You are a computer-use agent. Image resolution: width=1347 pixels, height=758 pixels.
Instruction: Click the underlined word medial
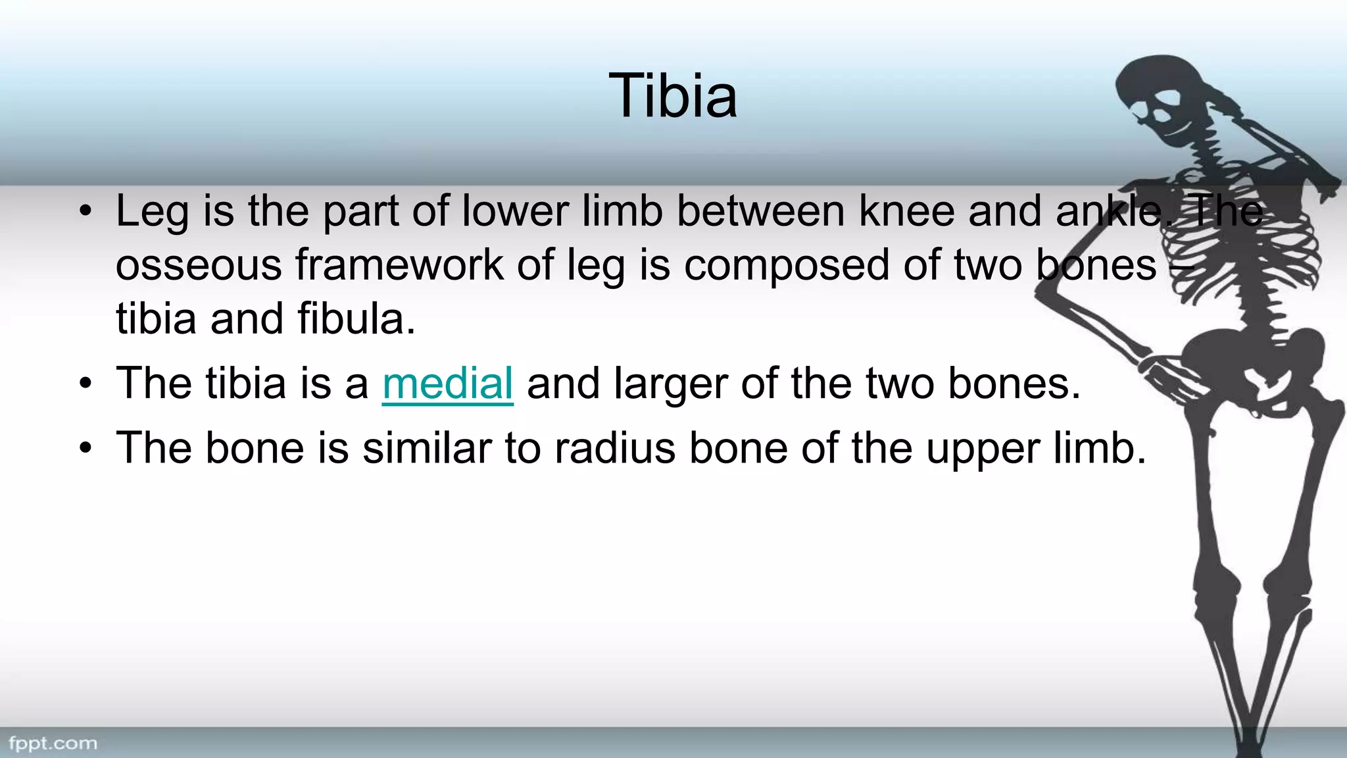point(447,384)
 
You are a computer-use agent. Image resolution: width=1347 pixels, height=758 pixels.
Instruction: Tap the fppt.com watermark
point(53,744)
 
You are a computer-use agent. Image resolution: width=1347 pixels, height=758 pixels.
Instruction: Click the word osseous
point(198,265)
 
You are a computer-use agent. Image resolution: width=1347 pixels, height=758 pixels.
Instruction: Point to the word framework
point(399,265)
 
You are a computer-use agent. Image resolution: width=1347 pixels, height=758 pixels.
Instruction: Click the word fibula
point(356,319)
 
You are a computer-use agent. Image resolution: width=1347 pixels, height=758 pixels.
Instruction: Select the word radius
point(614,448)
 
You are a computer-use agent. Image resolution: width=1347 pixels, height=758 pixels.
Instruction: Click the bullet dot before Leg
point(85,212)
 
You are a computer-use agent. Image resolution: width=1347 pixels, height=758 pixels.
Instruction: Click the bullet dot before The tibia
point(85,384)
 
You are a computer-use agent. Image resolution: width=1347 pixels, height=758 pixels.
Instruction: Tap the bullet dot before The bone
point(85,448)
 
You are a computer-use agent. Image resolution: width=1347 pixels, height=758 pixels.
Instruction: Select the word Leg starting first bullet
point(152,213)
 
